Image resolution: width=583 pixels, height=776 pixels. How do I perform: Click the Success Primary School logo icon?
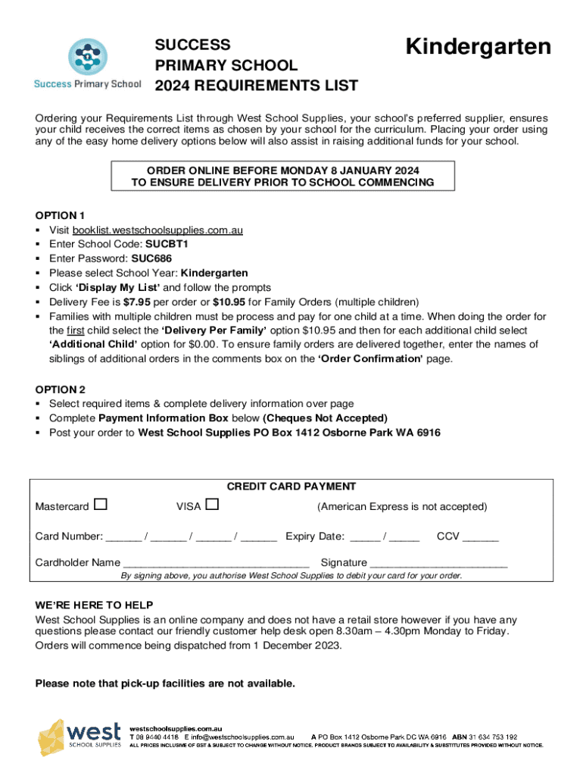pos(87,55)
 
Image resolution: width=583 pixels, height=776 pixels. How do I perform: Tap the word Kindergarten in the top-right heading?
pos(478,47)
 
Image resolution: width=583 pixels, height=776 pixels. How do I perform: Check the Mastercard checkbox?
pos(101,505)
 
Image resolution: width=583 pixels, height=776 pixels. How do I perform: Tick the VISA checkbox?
pos(212,505)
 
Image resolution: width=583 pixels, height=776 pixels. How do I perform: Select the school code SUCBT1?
pos(167,244)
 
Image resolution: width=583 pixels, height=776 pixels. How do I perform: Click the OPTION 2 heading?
pos(65,390)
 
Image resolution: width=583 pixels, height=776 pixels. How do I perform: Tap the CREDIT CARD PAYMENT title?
pos(291,487)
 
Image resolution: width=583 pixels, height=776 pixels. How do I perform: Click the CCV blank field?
pos(481,537)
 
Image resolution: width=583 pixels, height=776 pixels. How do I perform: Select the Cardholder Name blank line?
pos(216,563)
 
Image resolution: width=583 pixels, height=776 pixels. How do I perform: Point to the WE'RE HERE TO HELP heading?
pos(95,605)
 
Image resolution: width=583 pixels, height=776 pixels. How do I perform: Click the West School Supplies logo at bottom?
pos(79,737)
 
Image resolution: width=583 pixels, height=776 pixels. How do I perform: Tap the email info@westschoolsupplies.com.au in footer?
pos(242,737)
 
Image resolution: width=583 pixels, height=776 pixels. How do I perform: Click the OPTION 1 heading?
pos(65,215)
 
